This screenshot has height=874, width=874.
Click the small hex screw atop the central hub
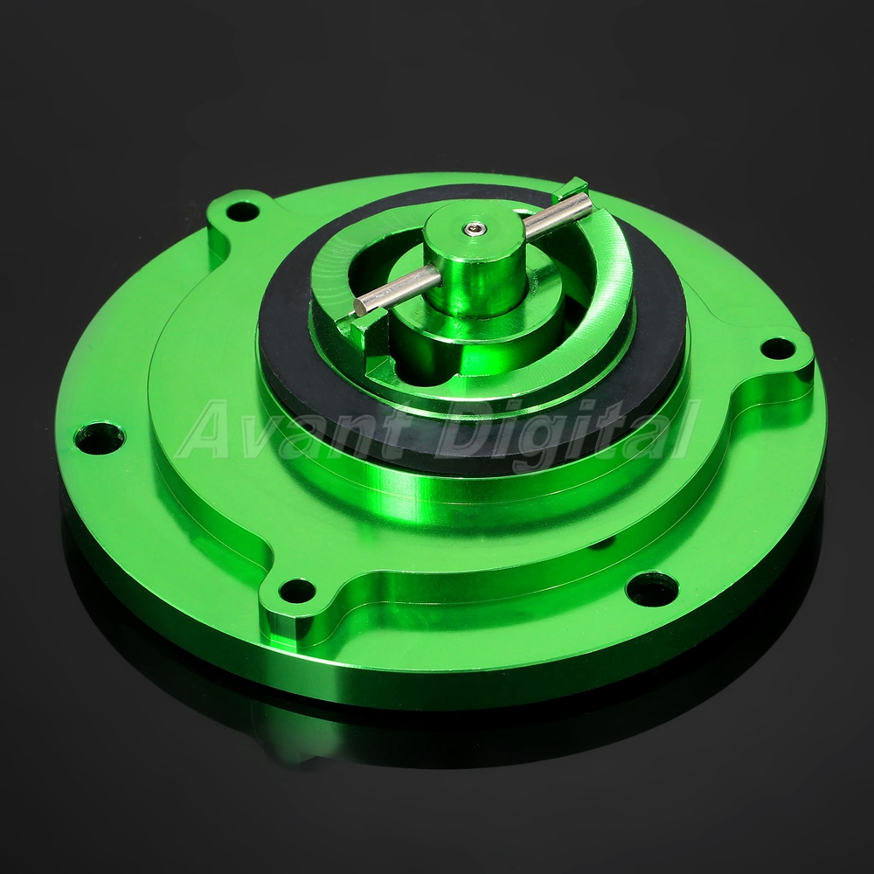474,228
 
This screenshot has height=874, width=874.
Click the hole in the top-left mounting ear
242,212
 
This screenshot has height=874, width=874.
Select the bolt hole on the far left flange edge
100,438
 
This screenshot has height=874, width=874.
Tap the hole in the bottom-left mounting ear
297,591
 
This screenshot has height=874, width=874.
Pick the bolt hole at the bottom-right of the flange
652,588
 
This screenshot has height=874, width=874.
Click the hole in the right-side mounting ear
778,349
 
